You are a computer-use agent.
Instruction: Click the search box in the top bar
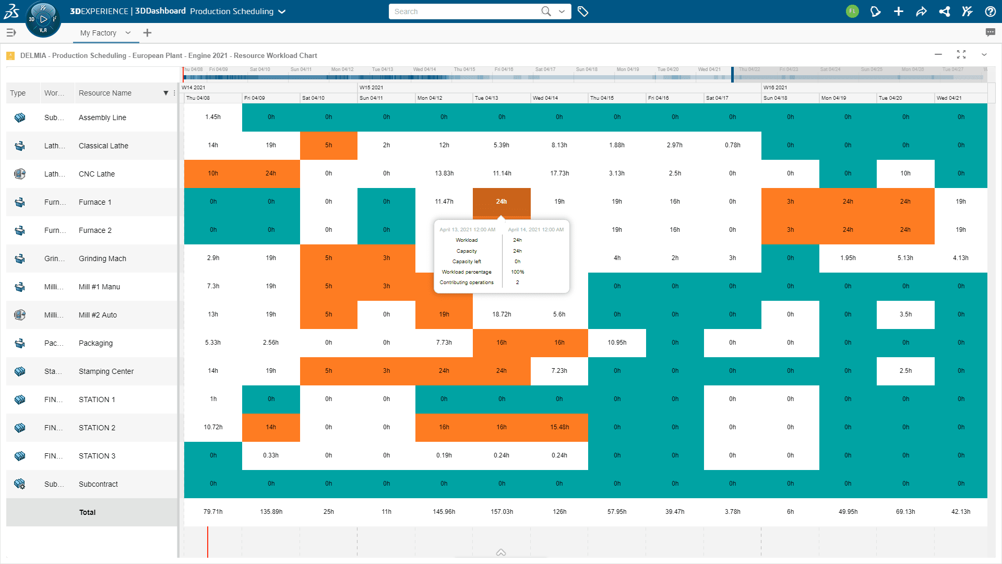pyautogui.click(x=464, y=11)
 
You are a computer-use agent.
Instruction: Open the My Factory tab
pyautogui.click(x=98, y=33)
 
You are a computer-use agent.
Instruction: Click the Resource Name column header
pyautogui.click(x=105, y=93)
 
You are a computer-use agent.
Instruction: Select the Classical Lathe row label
pyautogui.click(x=103, y=146)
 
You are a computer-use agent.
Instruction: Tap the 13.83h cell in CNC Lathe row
pyautogui.click(x=444, y=173)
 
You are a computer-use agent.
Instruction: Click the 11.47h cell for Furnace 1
pyautogui.click(x=444, y=202)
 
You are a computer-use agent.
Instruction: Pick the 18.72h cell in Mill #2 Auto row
pyautogui.click(x=502, y=314)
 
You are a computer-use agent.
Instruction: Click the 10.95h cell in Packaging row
pyautogui.click(x=617, y=343)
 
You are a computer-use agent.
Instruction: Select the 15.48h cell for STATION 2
pyautogui.click(x=559, y=427)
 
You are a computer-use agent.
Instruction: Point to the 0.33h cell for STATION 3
pyautogui.click(x=271, y=455)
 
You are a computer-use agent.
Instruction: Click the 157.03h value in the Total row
pyautogui.click(x=502, y=512)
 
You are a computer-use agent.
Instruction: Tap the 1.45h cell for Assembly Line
pyautogui.click(x=213, y=117)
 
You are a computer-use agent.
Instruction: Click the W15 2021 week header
pyautogui.click(x=372, y=87)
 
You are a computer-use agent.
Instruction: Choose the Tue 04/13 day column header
pyautogui.click(x=486, y=98)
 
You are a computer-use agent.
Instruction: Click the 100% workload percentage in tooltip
pyautogui.click(x=517, y=272)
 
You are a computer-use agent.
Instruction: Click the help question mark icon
pyautogui.click(x=990, y=11)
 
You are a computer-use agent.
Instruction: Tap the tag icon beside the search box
pyautogui.click(x=583, y=11)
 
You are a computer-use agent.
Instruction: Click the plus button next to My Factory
pyautogui.click(x=147, y=33)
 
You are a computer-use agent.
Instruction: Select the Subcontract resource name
pyautogui.click(x=98, y=484)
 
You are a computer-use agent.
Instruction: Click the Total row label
pyautogui.click(x=87, y=512)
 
